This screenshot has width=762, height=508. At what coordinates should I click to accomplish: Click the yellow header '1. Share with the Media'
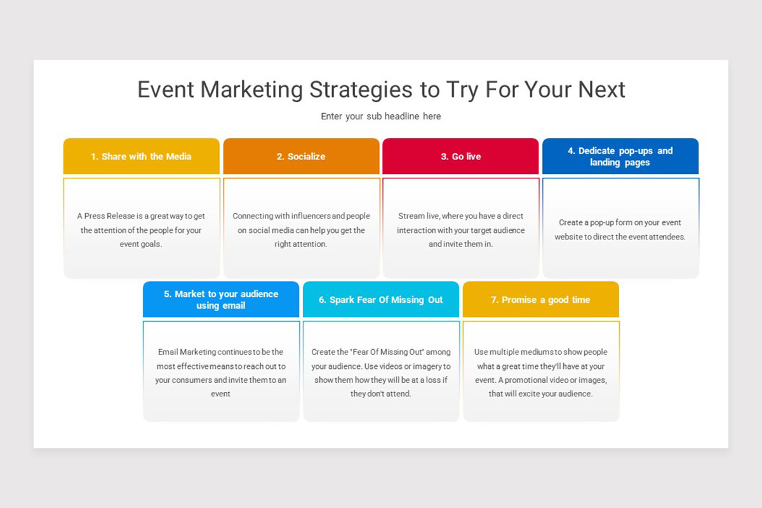(x=141, y=156)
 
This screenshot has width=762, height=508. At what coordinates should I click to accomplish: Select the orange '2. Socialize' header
(x=301, y=156)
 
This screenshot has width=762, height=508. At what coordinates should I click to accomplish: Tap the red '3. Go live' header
(x=460, y=156)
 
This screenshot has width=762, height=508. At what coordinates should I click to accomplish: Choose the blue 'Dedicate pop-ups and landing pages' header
(x=620, y=156)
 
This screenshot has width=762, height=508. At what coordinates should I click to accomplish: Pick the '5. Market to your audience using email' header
(x=221, y=300)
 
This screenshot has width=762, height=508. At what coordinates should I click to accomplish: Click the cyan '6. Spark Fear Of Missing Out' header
(x=381, y=300)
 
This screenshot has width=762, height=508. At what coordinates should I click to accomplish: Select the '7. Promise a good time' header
(x=540, y=300)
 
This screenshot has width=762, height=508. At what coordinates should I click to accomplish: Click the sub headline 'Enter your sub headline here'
(x=380, y=116)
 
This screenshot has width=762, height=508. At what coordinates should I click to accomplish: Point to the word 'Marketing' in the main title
(x=252, y=90)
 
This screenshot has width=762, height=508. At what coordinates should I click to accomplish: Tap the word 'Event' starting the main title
(x=166, y=90)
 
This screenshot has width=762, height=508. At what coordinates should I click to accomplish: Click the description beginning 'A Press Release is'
(x=141, y=230)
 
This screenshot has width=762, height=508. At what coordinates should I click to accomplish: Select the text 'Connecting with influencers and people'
(x=301, y=216)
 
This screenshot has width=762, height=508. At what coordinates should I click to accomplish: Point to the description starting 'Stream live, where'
(x=460, y=230)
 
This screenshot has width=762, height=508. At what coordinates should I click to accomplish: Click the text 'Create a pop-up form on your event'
(x=620, y=222)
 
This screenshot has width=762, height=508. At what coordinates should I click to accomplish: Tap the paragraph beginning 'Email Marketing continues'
(x=221, y=373)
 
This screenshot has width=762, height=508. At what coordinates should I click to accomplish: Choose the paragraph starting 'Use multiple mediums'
(x=540, y=373)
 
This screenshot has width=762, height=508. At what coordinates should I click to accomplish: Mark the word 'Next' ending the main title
(x=601, y=90)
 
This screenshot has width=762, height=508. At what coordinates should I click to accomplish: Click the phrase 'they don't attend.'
(x=381, y=394)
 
